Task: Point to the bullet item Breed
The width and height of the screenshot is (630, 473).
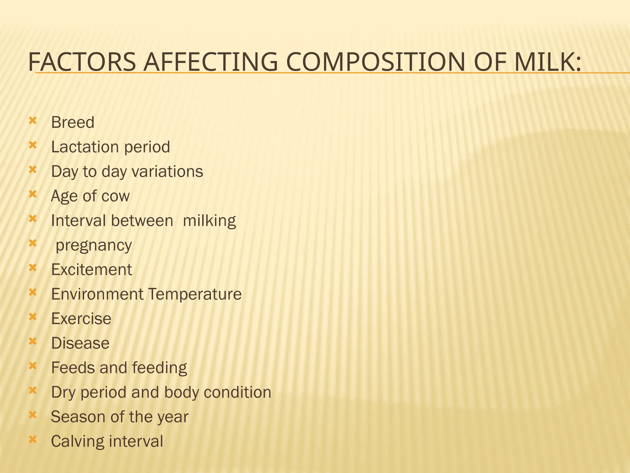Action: (73, 122)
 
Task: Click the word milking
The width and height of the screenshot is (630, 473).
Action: (209, 220)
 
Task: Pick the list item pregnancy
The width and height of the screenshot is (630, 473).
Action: (94, 245)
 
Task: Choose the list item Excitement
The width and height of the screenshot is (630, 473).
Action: (91, 269)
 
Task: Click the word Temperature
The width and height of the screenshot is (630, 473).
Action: (195, 294)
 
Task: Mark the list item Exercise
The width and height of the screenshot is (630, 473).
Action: (81, 318)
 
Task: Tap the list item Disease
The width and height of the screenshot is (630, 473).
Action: (80, 343)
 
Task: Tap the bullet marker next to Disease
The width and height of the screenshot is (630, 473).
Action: (33, 341)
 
